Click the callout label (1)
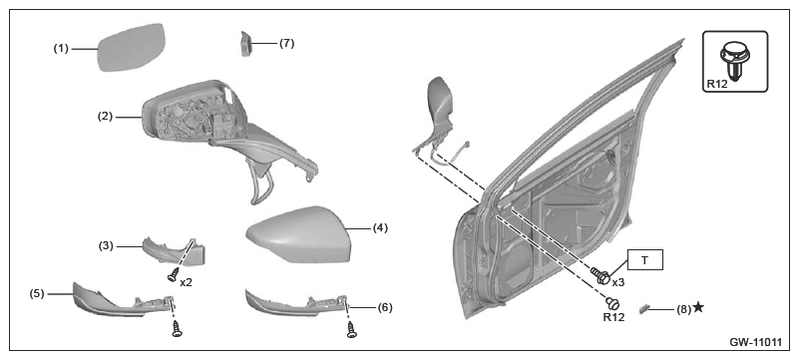click(61, 49)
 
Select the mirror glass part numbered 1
click(131, 47)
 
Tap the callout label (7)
click(287, 43)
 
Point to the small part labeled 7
click(245, 43)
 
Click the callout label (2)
click(105, 116)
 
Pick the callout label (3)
click(107, 246)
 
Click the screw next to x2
click(173, 274)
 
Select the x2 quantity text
click(186, 281)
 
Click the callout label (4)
click(380, 228)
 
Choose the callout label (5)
click(37, 293)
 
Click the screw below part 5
click(178, 329)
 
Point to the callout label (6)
click(384, 307)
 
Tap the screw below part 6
click(351, 329)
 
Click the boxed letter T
click(644, 259)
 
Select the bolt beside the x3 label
click(600, 275)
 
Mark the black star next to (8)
click(698, 307)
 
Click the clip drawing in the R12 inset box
click(733, 61)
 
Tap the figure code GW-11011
click(756, 343)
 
